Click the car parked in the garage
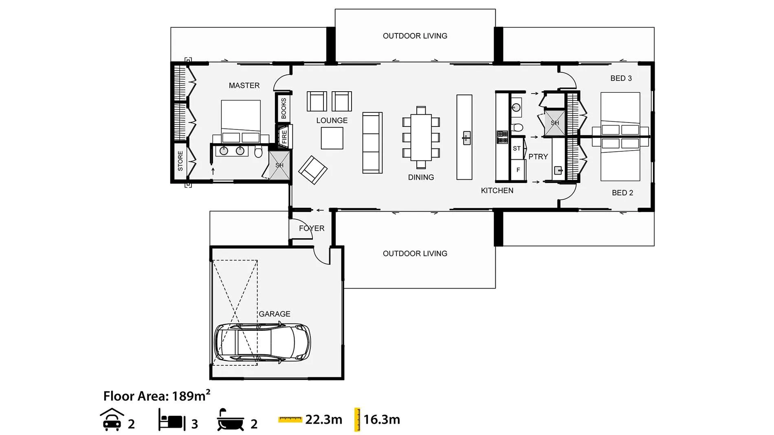(262, 343)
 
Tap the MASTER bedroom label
(244, 85)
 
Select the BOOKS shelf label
(284, 108)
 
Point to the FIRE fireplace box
(284, 136)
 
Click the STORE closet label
(180, 161)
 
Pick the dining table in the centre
(421, 138)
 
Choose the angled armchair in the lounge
(313, 170)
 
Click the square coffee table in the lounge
(332, 138)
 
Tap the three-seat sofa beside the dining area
(372, 143)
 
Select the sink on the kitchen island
(467, 138)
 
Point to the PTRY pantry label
(538, 157)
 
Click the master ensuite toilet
(258, 152)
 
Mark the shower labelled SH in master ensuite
(279, 165)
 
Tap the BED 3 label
(621, 78)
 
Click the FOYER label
(312, 228)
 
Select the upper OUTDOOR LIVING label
(415, 36)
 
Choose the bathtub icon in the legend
(230, 420)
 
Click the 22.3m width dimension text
(324, 420)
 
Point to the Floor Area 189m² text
(157, 396)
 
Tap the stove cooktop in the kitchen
(502, 137)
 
